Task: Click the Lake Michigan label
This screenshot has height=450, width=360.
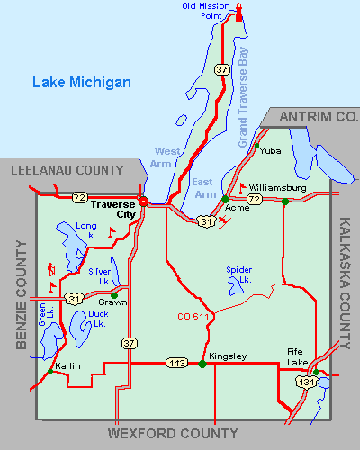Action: point(82,83)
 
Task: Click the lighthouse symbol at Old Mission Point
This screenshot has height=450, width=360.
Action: point(239,12)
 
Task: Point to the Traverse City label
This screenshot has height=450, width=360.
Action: point(114,209)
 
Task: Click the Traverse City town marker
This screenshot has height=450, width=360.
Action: point(142,201)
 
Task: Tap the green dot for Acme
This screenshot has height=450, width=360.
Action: point(225,199)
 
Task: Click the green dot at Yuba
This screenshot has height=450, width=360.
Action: point(256,146)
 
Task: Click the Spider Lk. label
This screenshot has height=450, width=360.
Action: point(238,274)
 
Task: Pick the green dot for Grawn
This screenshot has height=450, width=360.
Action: point(113,294)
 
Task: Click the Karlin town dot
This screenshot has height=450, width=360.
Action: point(48,371)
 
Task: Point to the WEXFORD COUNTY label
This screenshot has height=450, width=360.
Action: point(173,433)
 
